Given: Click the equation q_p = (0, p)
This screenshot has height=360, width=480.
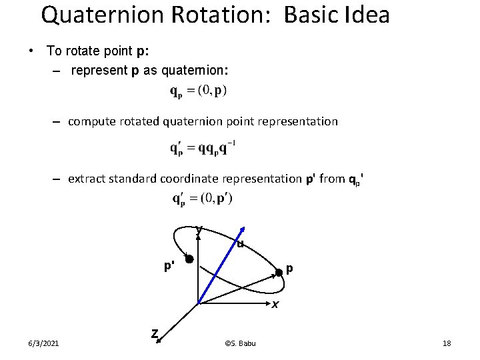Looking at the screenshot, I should tap(198, 91).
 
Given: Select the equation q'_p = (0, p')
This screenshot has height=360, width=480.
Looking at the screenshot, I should tap(202, 198).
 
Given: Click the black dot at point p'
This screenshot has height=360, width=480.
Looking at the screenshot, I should tap(189, 259).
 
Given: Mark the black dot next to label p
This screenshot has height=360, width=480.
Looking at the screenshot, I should tap(279, 271).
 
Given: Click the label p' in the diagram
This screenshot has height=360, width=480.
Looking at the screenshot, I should tap(169, 266).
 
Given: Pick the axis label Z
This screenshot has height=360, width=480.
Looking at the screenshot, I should tap(154, 333).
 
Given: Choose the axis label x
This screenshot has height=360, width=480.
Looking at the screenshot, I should tap(274, 305).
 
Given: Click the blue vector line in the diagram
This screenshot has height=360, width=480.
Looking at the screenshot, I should tap(220, 266).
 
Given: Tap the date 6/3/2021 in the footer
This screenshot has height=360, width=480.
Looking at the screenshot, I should tap(43, 343).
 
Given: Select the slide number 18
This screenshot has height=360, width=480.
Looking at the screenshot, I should tap(447, 343).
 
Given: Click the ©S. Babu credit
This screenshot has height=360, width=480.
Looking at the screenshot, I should tap(240, 343).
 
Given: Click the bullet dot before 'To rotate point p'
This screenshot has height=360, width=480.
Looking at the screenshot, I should tap(31, 51).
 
